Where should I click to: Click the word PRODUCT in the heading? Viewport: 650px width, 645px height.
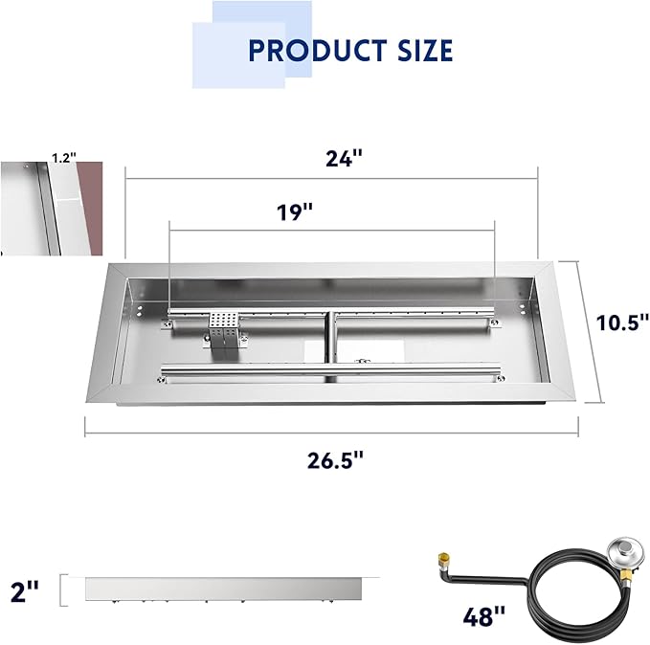(318, 51)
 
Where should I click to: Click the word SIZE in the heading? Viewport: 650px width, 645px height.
(425, 51)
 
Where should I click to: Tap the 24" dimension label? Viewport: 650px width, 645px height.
(344, 158)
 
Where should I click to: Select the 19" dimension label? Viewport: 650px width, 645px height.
(295, 211)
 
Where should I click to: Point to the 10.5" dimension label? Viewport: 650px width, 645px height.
(622, 322)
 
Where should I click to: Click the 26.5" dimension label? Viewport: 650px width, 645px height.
(335, 460)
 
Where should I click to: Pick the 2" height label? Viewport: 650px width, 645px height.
(24, 591)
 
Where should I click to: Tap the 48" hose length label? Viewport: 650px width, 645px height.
(484, 616)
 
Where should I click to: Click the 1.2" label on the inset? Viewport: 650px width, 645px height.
(64, 158)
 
